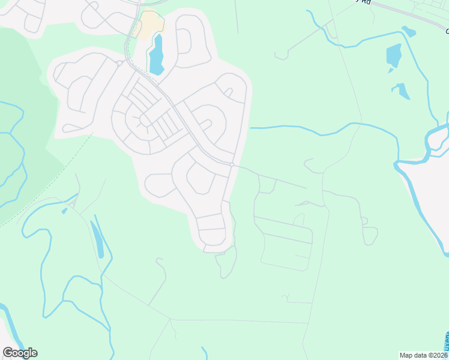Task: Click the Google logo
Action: (20, 353)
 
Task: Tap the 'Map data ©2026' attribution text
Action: (423, 355)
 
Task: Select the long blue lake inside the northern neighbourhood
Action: (157, 55)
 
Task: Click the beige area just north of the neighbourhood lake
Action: (149, 25)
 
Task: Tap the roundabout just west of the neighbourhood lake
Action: (119, 63)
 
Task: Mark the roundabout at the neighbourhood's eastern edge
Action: (232, 164)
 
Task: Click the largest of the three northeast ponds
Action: (394, 55)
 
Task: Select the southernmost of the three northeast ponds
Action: (402, 91)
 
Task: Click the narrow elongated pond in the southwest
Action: (97, 239)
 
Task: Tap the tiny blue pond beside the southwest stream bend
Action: (64, 211)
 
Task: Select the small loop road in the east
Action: (370, 235)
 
